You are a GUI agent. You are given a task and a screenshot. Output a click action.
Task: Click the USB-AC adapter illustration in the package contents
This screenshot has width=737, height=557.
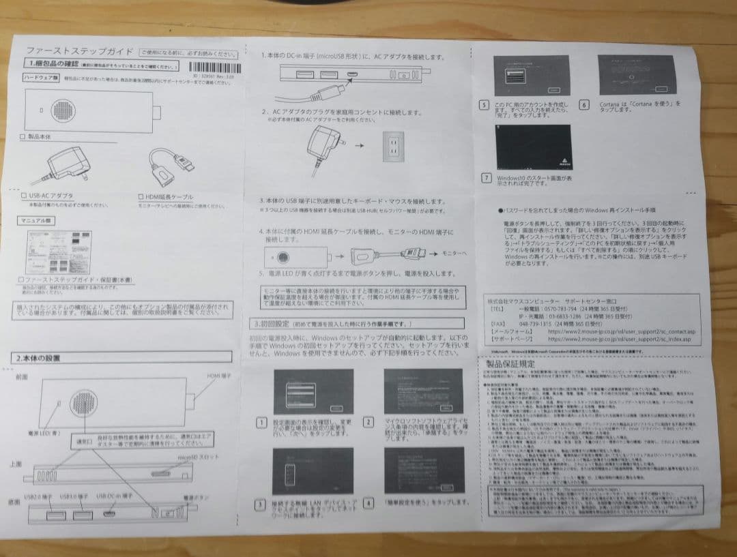pos(68,166)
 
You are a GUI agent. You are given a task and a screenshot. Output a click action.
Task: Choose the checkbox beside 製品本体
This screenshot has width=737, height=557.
pos(23,137)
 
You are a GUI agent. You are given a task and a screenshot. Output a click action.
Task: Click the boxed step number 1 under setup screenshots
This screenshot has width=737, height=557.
pos(261,423)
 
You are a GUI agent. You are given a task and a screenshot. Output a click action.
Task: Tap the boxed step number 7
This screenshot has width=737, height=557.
pos(486,178)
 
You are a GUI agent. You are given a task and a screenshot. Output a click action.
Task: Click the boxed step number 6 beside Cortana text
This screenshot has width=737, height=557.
pos(584,104)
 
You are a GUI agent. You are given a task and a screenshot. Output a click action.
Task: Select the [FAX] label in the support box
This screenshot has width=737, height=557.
pos(497,324)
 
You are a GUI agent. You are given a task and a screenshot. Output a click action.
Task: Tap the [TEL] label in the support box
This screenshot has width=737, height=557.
pos(496,308)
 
